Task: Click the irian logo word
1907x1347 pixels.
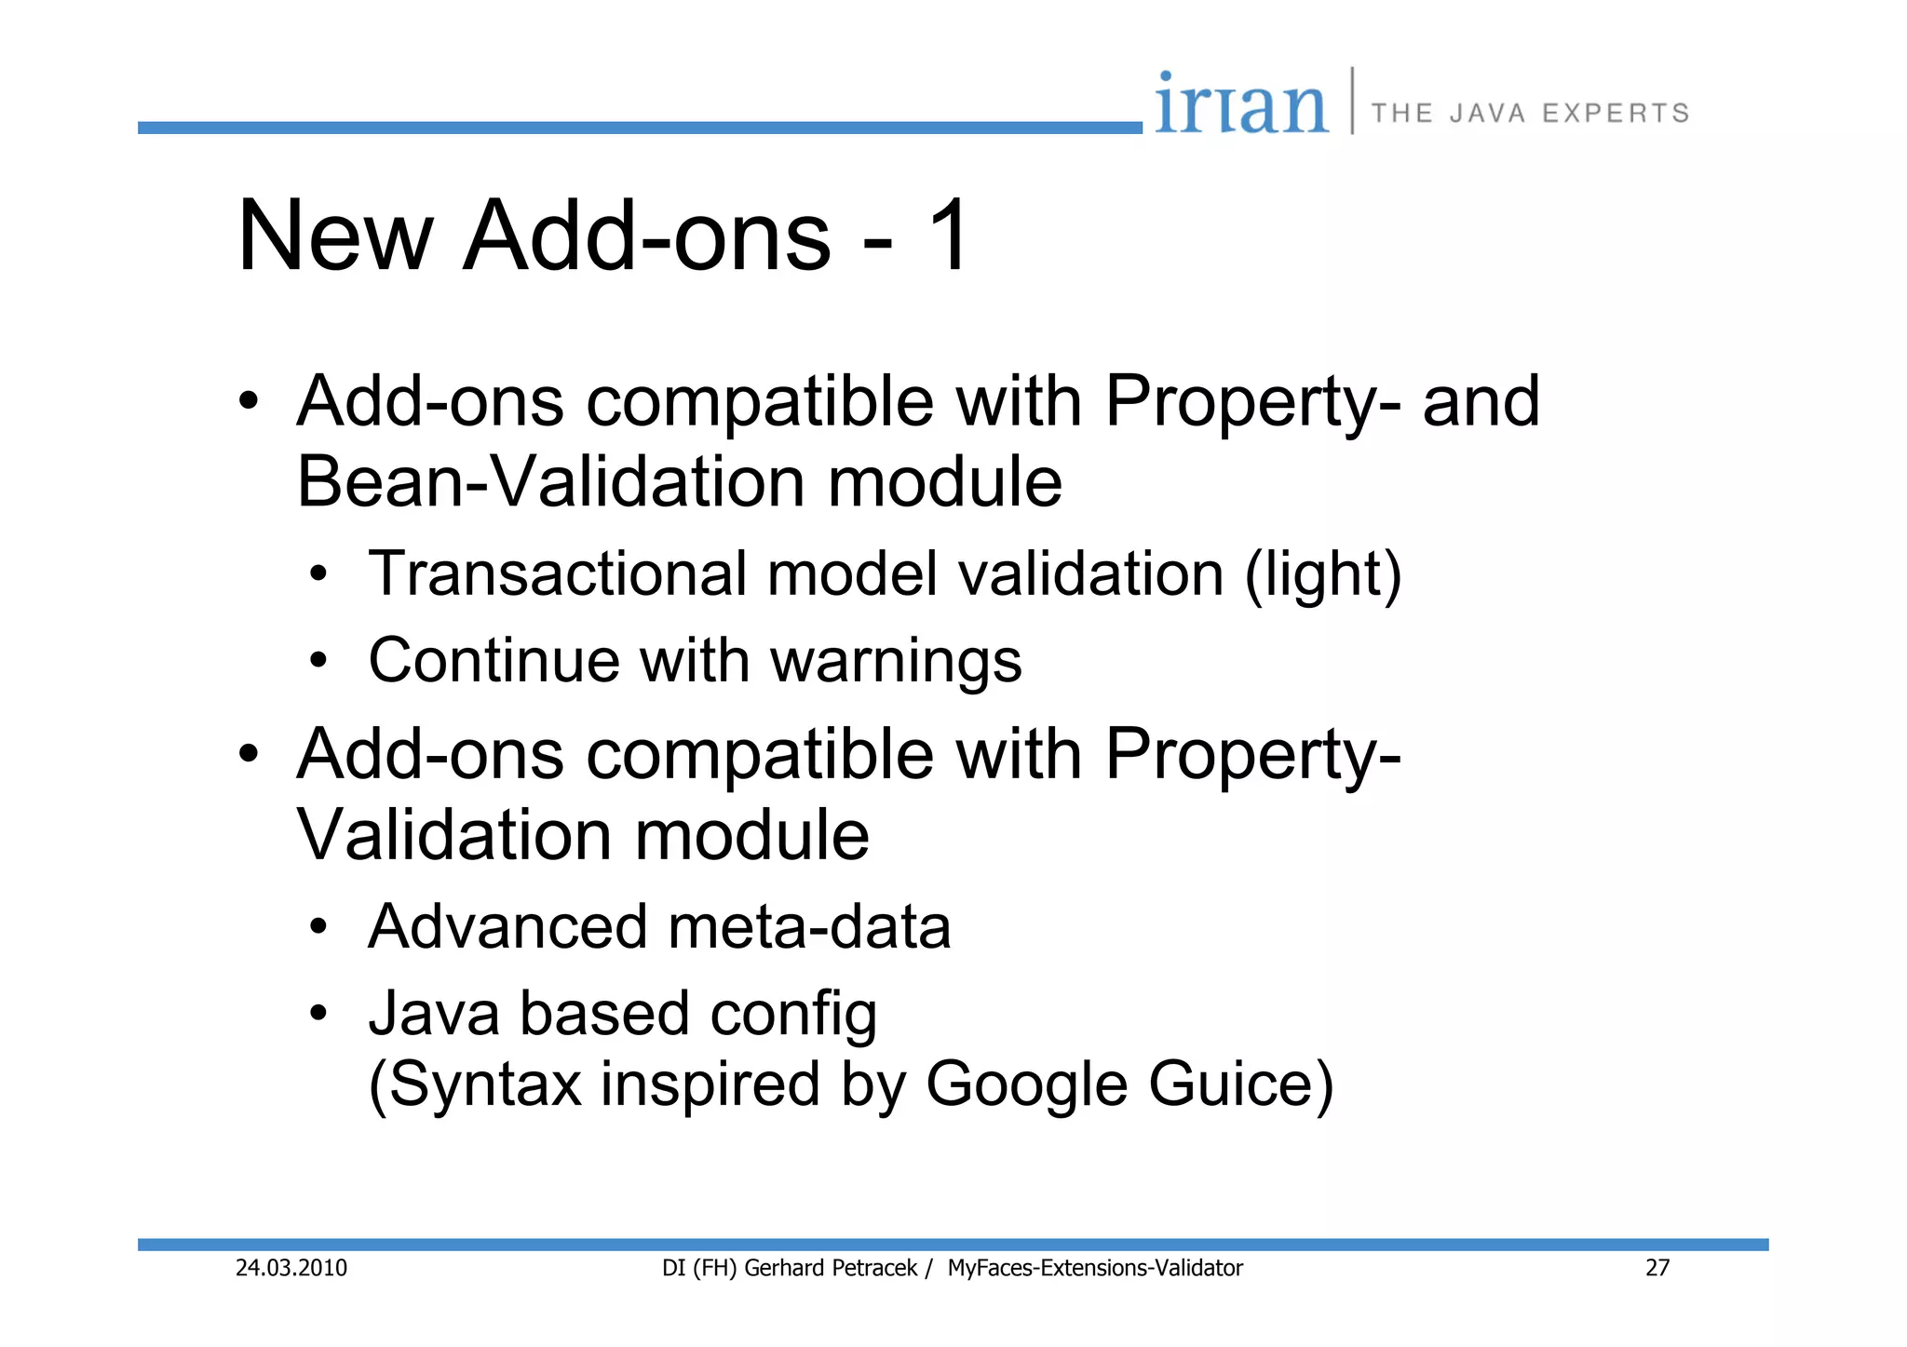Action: click(x=1241, y=104)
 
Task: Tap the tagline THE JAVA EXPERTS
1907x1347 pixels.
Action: click(x=1530, y=114)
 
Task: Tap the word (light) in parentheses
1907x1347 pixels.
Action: click(x=1323, y=574)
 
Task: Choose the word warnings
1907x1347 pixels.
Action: click(x=896, y=662)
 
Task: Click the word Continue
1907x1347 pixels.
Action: click(x=494, y=660)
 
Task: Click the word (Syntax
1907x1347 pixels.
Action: click(x=476, y=1085)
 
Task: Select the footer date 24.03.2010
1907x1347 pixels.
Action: click(x=291, y=1268)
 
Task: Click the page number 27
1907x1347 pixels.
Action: click(x=1657, y=1268)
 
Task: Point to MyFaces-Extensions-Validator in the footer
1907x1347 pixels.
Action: click(x=1095, y=1268)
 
